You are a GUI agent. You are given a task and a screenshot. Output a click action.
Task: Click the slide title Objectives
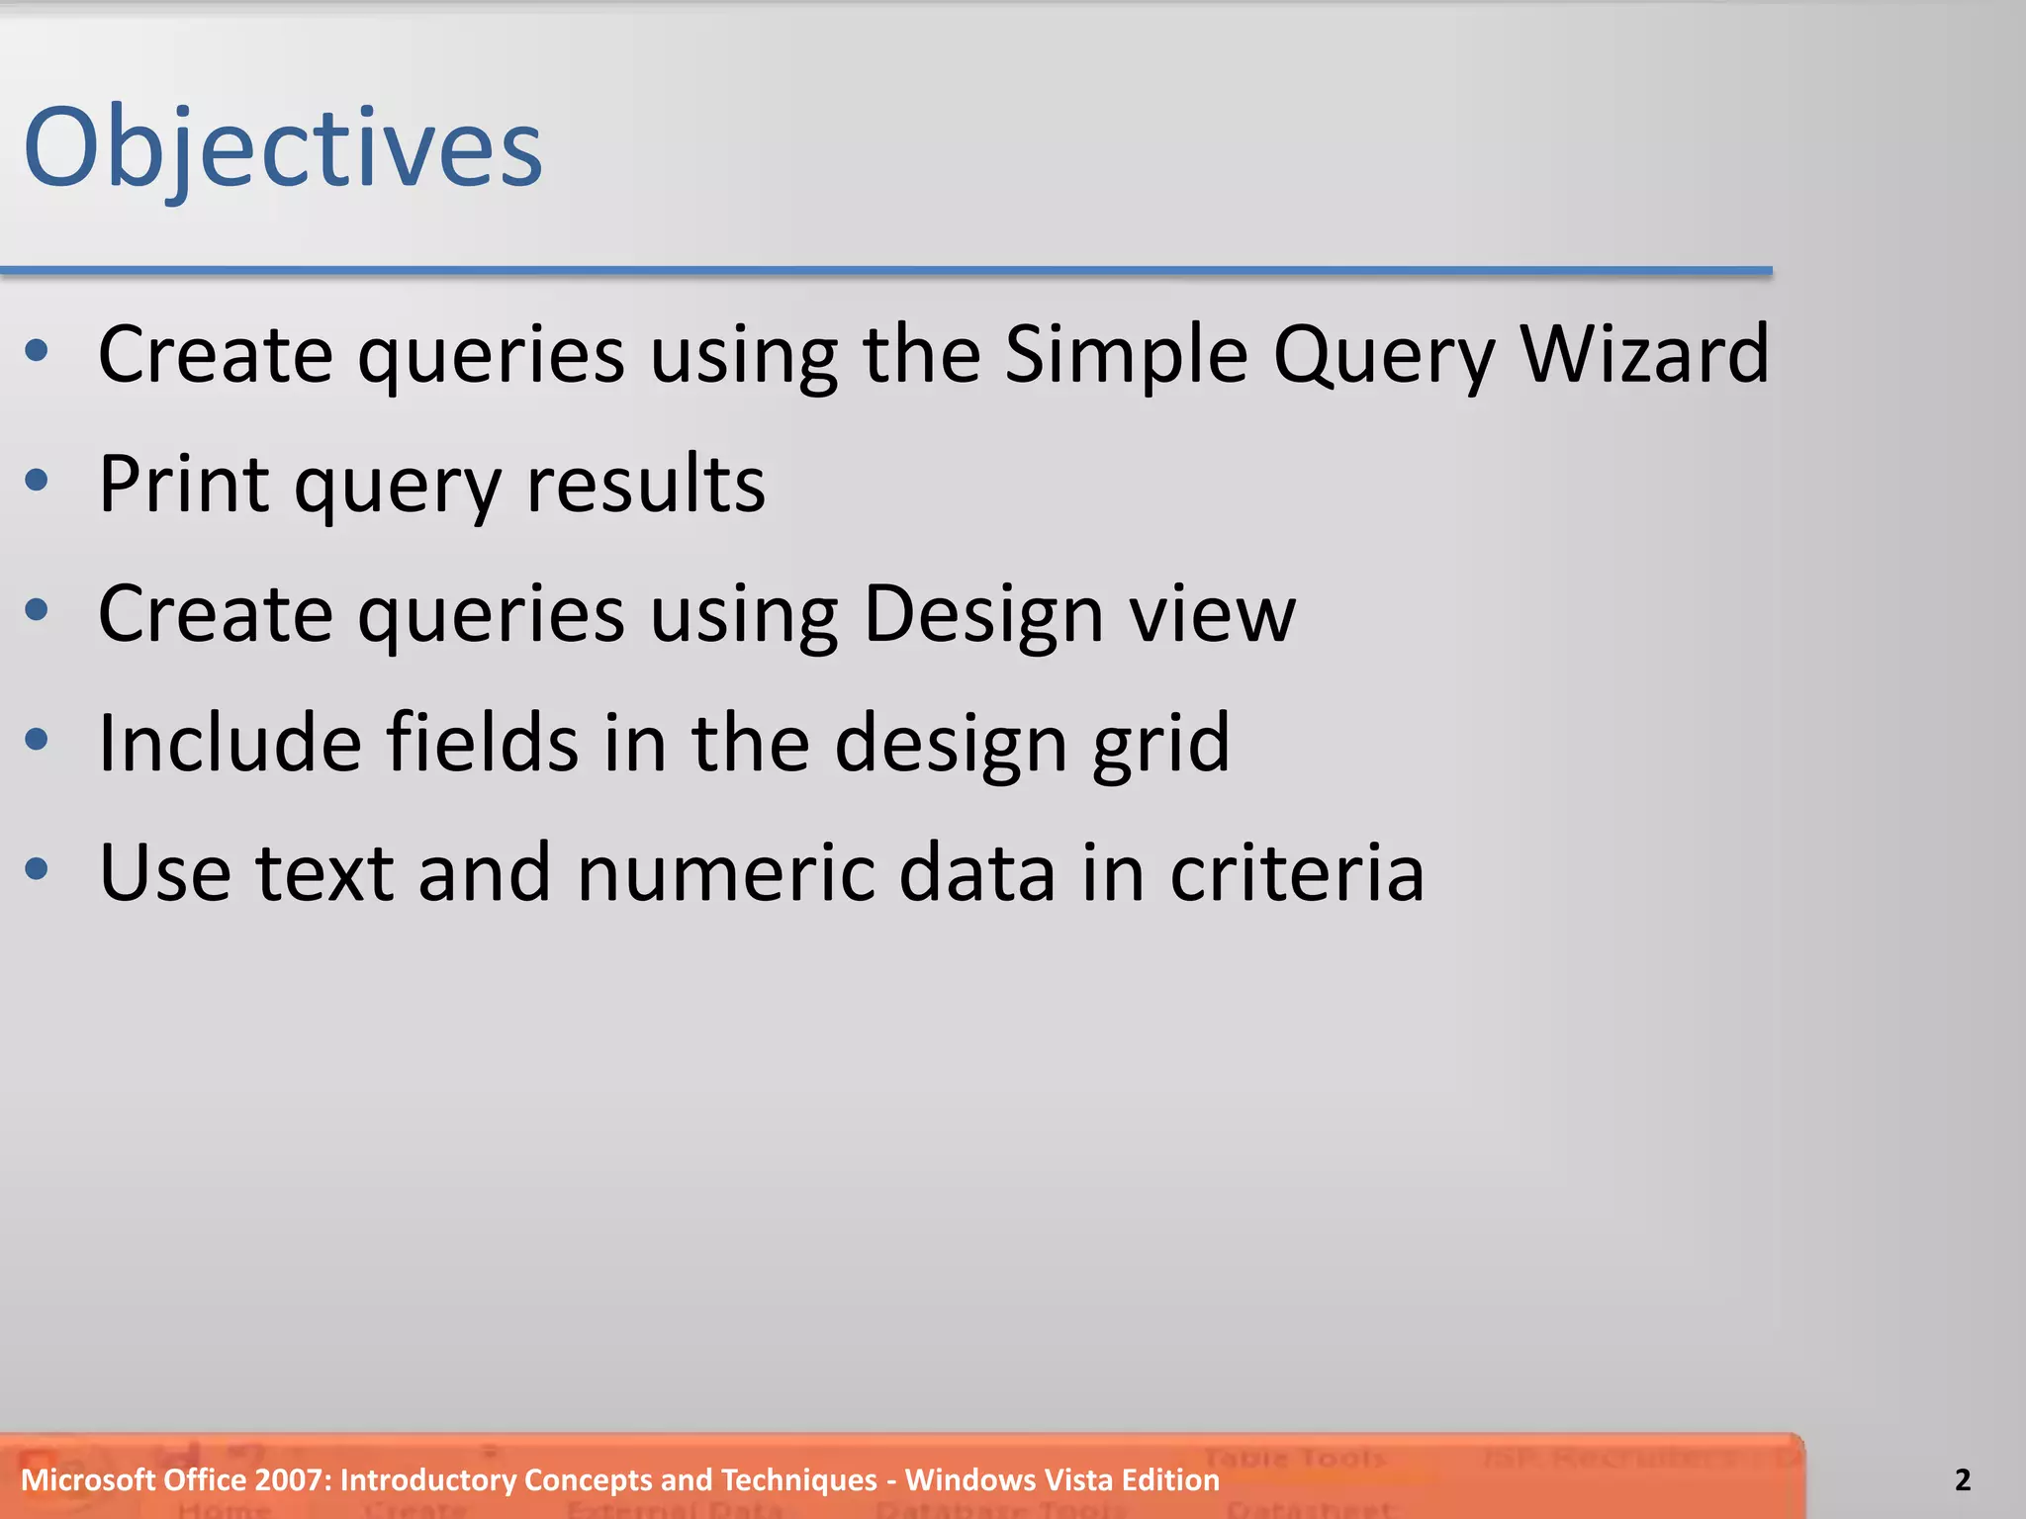pos(283,148)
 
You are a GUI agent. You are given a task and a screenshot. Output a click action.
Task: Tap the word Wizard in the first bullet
pos(1644,354)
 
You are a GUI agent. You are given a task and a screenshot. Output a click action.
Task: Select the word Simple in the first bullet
pos(1126,354)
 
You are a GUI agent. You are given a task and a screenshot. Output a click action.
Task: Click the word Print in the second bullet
pos(184,485)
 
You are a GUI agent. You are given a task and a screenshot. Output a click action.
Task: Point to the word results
pos(646,485)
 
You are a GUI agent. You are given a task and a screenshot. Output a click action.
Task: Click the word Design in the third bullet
pos(983,614)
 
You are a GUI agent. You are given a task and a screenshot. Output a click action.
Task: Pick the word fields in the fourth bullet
pos(482,743)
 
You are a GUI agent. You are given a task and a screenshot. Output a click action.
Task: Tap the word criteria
pos(1297,873)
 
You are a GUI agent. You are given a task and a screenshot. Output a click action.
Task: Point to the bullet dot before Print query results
pos(38,482)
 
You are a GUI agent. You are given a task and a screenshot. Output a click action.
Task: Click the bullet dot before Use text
pos(38,870)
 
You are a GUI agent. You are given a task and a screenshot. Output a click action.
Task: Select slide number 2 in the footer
pos(1963,1480)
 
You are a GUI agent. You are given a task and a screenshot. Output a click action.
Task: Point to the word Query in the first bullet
pos(1383,354)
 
